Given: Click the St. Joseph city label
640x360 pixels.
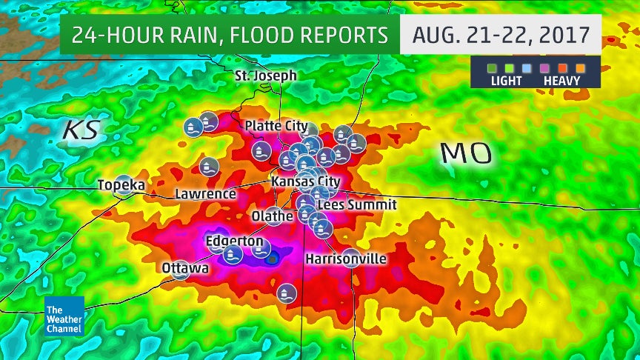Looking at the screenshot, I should (x=265, y=76).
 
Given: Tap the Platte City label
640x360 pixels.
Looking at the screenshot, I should (x=276, y=126).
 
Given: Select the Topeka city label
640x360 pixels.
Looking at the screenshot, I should (x=120, y=185).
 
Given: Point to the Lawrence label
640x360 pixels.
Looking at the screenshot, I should (x=205, y=194).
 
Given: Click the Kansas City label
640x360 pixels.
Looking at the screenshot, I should (x=306, y=181).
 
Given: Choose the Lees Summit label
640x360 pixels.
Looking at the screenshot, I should (x=356, y=204).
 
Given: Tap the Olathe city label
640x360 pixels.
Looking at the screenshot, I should (x=267, y=216).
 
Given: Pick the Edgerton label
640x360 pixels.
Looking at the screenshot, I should (x=234, y=241).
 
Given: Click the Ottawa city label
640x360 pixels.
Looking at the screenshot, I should (x=185, y=267).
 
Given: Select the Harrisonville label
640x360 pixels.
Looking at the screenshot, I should (x=345, y=259).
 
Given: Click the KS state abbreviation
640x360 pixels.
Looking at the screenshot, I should (x=80, y=129).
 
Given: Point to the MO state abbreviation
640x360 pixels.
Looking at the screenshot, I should (x=466, y=154).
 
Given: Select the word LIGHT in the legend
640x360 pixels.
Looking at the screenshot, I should (x=507, y=81).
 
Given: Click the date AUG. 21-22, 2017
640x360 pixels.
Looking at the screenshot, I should (x=500, y=35).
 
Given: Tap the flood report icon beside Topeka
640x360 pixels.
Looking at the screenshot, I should (x=124, y=184).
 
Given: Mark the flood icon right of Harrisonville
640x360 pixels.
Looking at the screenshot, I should (x=350, y=258).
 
